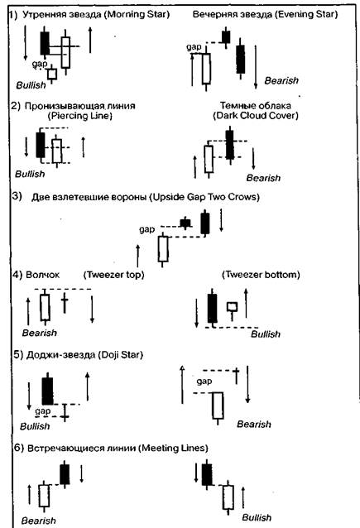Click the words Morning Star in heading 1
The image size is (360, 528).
(x=137, y=14)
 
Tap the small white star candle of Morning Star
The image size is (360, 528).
(x=52, y=74)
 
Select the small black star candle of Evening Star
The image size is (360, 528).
(x=226, y=36)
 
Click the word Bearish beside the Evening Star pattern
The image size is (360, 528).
(x=281, y=80)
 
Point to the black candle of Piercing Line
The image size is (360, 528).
(x=41, y=145)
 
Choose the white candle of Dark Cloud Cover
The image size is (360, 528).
(x=209, y=159)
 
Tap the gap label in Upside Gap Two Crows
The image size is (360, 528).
(x=147, y=229)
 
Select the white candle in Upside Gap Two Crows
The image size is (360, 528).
(x=163, y=249)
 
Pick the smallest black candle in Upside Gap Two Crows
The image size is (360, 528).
(x=185, y=223)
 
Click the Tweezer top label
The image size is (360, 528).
(x=114, y=275)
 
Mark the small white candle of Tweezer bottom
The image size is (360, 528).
(x=232, y=307)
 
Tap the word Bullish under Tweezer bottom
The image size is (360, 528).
(x=266, y=334)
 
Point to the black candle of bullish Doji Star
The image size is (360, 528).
(x=47, y=391)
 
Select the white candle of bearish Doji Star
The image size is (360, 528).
(x=218, y=406)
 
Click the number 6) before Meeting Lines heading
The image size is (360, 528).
(x=19, y=448)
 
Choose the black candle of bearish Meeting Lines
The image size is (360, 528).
(x=65, y=474)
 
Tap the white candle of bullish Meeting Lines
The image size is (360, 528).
(x=228, y=497)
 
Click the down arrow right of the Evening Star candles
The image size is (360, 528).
(x=256, y=67)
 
